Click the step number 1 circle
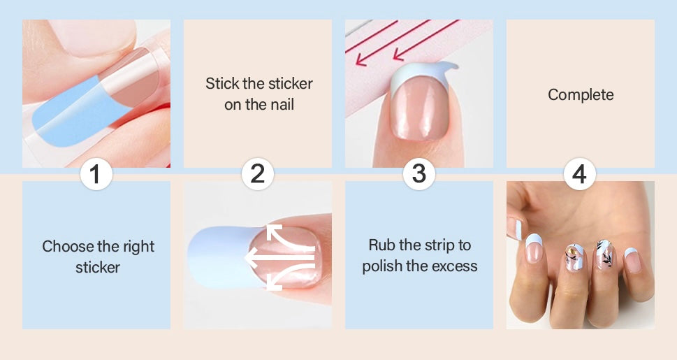(x=96, y=174)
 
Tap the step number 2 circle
(x=257, y=174)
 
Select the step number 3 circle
(x=418, y=174)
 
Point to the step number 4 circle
(x=579, y=174)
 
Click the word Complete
(x=581, y=94)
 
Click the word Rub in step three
(x=381, y=245)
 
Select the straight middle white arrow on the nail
(x=279, y=257)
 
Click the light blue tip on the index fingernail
(x=534, y=239)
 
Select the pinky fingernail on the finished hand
(x=632, y=260)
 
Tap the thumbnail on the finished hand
(x=516, y=228)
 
